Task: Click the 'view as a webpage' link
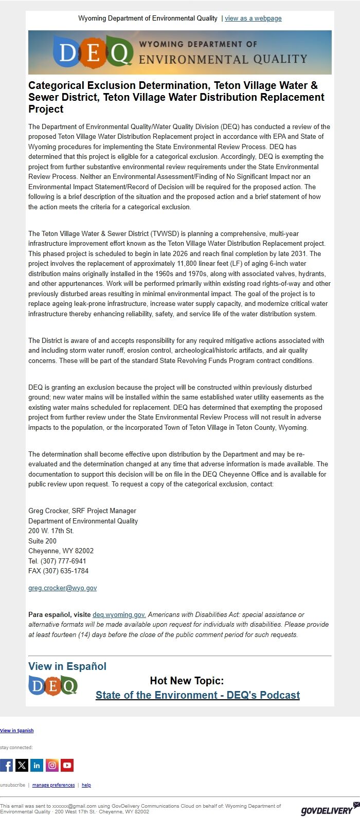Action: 253,19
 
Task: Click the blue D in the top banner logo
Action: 67,52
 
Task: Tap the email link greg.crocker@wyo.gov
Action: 62,588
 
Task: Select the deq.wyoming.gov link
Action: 119,614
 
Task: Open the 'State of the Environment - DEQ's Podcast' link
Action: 197,695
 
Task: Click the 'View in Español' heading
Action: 67,666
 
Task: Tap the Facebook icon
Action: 7,765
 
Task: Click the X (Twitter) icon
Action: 22,765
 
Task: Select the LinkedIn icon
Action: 37,765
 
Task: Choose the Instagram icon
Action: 52,765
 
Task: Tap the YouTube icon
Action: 67,765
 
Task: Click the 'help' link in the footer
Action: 86,785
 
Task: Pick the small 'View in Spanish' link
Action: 17,731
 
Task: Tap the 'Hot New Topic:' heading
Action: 187,681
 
